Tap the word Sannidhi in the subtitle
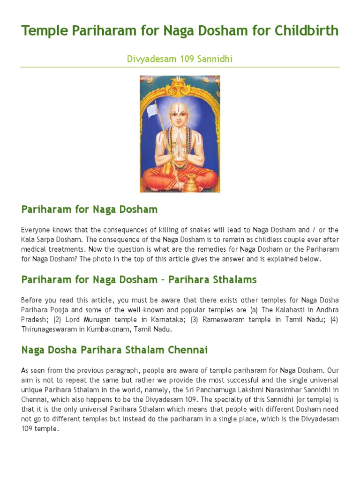coord(217,59)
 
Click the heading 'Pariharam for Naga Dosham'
coord(90,209)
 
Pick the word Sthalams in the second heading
coord(229,279)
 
